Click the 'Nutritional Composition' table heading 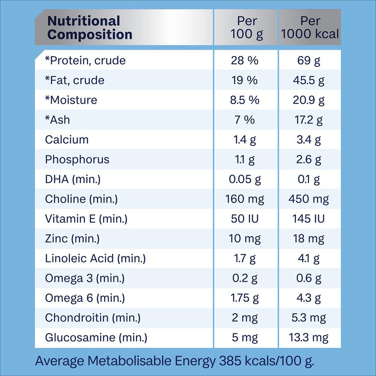point(90,27)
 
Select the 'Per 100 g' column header point(246,27)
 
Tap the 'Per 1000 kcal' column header point(310,27)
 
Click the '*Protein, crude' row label point(85,61)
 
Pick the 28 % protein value point(245,61)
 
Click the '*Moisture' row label point(71,100)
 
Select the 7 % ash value point(245,120)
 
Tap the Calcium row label point(67,139)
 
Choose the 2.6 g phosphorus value point(309,159)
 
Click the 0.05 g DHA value point(245,179)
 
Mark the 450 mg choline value point(309,199)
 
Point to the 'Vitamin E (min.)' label point(86,219)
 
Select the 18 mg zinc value point(309,238)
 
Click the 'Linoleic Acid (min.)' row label point(95,258)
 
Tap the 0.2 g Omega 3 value point(245,278)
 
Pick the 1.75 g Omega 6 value point(245,298)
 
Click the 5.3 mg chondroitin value point(309,318)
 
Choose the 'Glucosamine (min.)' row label point(96,337)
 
